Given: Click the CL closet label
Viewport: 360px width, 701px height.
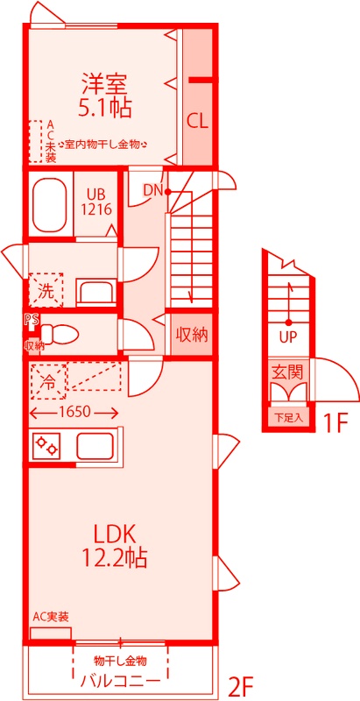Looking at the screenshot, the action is point(197,121).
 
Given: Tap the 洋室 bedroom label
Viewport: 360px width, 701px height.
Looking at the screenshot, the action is point(104,83).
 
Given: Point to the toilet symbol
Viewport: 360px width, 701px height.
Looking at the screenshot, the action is point(60,333).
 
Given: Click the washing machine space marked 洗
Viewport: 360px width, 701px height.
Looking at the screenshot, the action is point(46,291).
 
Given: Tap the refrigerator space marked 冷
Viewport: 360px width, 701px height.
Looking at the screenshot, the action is point(48,381).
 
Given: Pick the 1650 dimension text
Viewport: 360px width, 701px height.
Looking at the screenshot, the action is point(74,412).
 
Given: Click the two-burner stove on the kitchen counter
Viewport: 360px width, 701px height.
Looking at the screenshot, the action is point(47,446).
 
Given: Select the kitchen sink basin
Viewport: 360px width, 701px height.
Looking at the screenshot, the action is point(94,446).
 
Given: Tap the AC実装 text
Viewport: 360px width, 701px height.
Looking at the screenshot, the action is point(51,618).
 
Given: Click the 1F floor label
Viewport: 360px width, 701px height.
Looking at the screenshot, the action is point(335,423).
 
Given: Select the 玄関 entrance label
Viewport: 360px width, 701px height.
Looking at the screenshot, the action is point(288,372).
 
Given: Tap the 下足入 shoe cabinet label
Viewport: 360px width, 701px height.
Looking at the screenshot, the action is point(288,419).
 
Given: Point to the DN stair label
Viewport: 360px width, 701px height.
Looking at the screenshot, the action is point(152,190).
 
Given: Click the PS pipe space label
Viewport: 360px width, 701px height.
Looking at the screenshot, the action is point(32,319).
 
